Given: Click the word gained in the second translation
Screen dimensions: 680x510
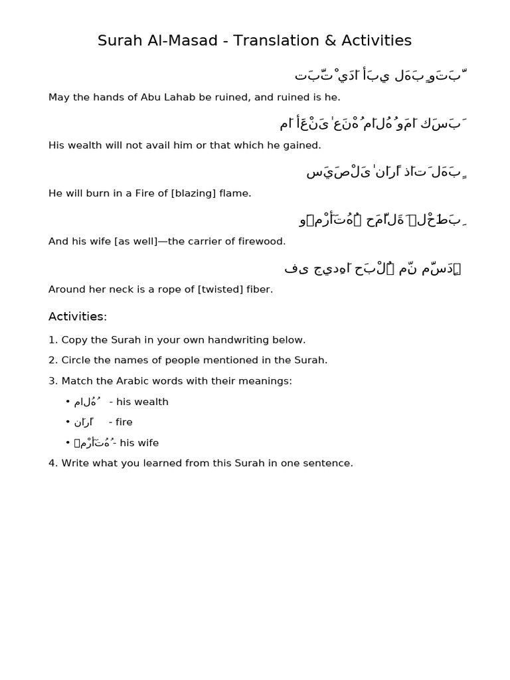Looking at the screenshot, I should click(302, 145).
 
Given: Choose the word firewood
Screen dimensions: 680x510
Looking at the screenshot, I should click(262, 241).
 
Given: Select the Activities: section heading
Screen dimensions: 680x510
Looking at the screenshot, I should click(78, 317).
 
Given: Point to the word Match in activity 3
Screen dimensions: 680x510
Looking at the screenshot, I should click(76, 381).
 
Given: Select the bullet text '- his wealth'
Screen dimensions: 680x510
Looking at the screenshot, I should click(139, 402).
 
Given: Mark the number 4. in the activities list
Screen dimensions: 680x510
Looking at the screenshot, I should click(53, 463).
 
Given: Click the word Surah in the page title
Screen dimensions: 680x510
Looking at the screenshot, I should click(116, 41).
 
